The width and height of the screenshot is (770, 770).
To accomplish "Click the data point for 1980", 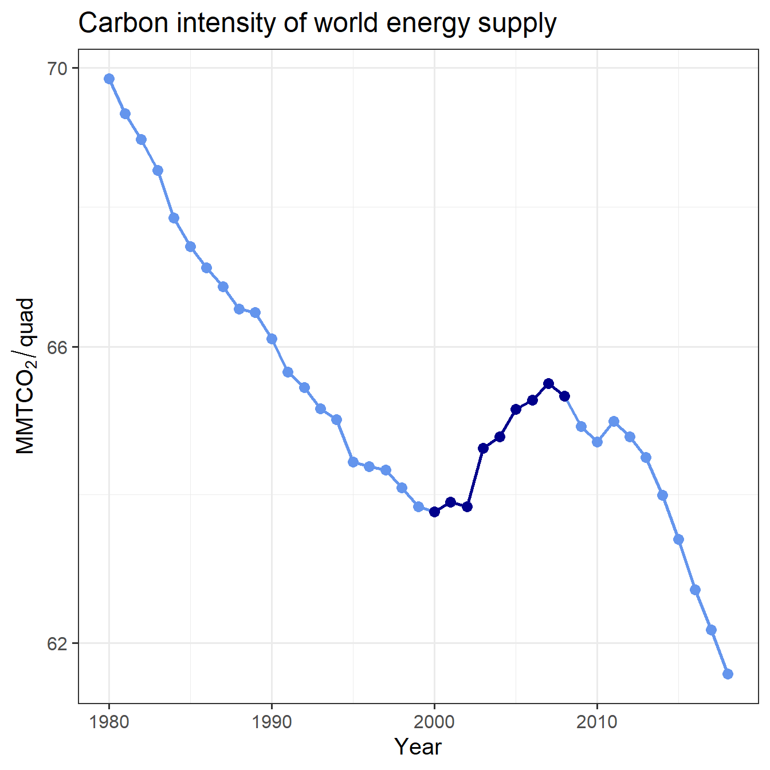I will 109,79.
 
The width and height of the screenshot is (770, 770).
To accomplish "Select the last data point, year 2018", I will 728,674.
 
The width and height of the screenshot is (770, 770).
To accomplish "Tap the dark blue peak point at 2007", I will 548,383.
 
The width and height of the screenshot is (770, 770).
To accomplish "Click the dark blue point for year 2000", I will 434,512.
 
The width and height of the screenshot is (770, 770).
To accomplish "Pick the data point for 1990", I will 272,339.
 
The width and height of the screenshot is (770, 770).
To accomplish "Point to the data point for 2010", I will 597,442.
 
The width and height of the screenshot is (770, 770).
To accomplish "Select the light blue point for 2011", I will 614,421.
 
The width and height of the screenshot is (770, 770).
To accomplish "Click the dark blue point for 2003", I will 483,448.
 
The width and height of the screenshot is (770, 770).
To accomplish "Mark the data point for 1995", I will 353,462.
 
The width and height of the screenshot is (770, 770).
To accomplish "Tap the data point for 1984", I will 174,218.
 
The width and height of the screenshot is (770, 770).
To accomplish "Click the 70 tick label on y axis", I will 57,69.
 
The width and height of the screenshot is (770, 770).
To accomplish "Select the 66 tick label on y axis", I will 57,348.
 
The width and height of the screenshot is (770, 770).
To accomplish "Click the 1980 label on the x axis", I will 109,722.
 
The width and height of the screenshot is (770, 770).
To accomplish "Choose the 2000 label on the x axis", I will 434,722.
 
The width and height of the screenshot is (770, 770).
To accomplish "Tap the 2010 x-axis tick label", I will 597,722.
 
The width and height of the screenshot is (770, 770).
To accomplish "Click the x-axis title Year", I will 418,747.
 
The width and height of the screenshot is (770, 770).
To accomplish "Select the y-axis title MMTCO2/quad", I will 25,376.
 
